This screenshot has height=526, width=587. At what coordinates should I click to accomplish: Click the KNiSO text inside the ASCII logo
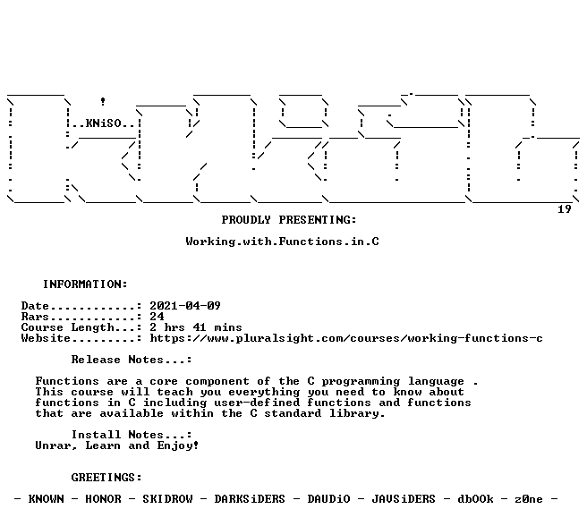coord(104,123)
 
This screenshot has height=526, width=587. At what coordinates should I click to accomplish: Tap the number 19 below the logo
coord(565,209)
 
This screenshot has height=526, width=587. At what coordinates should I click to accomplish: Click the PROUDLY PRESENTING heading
coord(289,220)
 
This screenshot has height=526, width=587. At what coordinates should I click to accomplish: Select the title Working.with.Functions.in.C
coord(282,242)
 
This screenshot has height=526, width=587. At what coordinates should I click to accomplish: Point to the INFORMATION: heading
coord(85,284)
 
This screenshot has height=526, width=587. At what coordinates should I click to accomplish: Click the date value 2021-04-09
coord(185,306)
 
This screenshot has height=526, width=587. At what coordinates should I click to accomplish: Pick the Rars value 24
coord(157,317)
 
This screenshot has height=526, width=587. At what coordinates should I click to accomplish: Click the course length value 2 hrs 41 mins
coord(196,327)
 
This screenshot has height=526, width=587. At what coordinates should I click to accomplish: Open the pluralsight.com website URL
coord(346,338)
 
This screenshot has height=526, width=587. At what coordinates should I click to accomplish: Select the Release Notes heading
coord(132,360)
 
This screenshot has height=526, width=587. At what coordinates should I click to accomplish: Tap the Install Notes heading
coord(132,435)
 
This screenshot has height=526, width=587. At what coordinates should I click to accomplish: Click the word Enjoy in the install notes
coord(177,445)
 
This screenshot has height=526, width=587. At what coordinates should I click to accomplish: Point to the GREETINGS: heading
coord(106,478)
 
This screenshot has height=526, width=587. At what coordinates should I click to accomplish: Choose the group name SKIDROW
coord(167,499)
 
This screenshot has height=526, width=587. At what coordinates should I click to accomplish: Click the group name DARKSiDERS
coord(250,499)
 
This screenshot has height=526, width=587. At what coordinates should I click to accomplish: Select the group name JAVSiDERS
coord(404,499)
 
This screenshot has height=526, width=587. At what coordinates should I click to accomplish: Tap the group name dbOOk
coord(475,499)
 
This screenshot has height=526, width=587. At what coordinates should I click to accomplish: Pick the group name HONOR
coord(103,499)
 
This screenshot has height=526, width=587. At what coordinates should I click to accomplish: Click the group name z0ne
coord(529,499)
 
